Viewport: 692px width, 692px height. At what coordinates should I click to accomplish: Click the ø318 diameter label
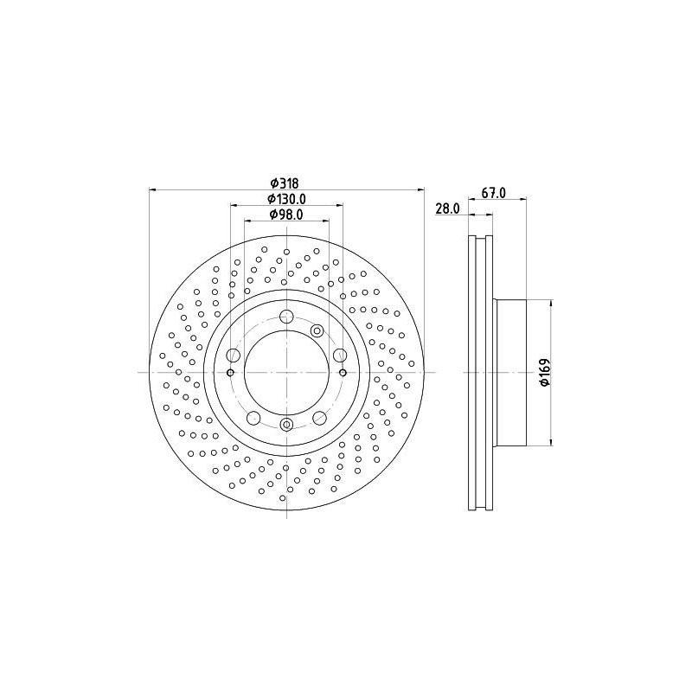[x=285, y=183]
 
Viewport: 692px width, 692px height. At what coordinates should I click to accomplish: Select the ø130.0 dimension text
[x=287, y=199]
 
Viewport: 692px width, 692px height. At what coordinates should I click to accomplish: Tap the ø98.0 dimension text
[x=285, y=215]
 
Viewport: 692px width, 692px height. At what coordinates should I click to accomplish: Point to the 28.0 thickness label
[x=446, y=209]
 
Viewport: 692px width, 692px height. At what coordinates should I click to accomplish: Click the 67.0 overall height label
[x=493, y=194]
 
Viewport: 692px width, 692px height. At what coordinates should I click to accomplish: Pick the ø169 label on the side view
[x=544, y=373]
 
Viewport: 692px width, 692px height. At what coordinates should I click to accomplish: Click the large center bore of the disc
[x=286, y=372]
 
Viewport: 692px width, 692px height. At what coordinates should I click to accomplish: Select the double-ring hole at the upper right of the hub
[x=316, y=330]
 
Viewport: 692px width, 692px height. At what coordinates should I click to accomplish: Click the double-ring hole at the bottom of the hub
[x=286, y=424]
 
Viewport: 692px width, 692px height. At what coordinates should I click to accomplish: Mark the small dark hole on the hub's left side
[x=230, y=373]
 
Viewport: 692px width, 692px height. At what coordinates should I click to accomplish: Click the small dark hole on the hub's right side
[x=343, y=373]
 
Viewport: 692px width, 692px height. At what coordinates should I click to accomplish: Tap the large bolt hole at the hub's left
[x=234, y=355]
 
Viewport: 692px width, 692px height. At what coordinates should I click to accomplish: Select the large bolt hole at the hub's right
[x=339, y=355]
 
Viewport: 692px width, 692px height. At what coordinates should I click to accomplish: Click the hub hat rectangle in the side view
[x=509, y=373]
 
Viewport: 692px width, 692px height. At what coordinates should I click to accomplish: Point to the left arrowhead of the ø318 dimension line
[x=152, y=189]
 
